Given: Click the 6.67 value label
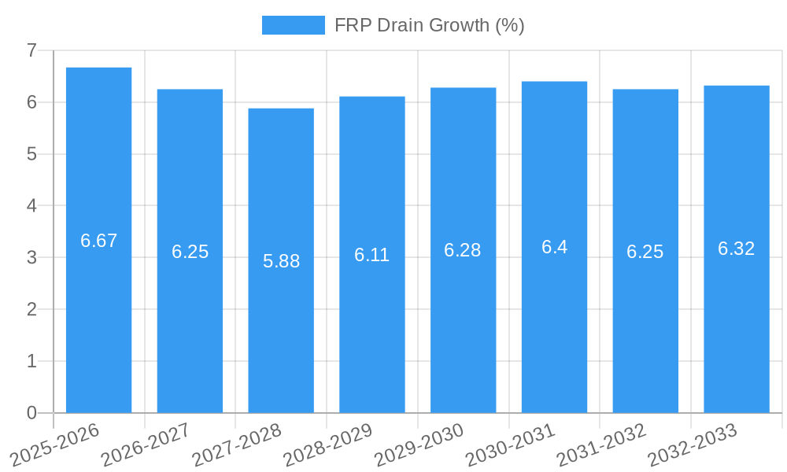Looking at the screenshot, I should click(x=98, y=241).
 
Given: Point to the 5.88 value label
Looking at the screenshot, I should click(x=281, y=261).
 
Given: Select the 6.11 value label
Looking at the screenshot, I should click(x=371, y=255).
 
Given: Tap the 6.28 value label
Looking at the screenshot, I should click(x=463, y=250).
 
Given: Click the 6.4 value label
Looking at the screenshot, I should click(x=554, y=247).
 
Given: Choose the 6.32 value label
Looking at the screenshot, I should click(x=737, y=249).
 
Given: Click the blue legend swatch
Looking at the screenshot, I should click(x=293, y=25).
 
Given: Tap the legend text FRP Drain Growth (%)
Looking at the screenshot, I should click(x=429, y=25).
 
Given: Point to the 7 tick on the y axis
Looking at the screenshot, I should click(x=31, y=50).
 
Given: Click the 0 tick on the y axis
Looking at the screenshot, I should click(x=31, y=413).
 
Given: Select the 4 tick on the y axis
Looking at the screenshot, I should click(x=31, y=206).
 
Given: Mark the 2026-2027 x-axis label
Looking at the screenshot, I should click(x=146, y=444).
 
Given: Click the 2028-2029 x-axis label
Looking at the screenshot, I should click(x=327, y=444).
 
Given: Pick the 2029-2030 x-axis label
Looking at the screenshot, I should click(x=419, y=444).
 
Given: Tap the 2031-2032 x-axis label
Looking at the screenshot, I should click(x=601, y=444).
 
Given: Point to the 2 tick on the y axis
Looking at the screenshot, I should click(x=31, y=309).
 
